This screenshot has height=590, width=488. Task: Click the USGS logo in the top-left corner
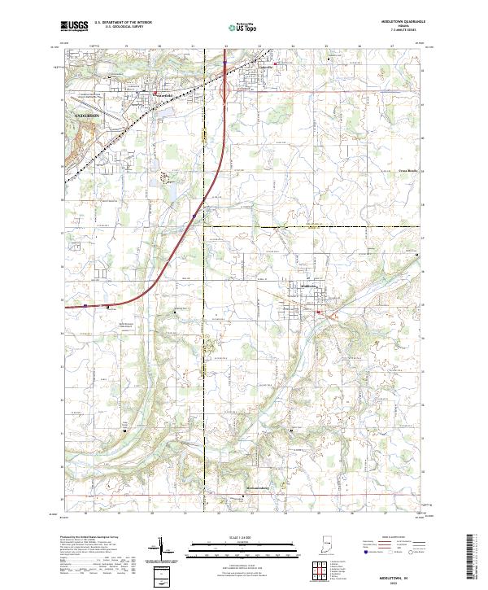(75, 27)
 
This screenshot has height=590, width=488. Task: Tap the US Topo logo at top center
(244, 27)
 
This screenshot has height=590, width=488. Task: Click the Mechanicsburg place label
(258, 489)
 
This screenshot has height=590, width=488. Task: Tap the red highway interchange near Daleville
(224, 81)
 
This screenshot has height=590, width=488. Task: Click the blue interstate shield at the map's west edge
(85, 307)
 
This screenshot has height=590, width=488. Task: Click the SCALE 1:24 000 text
(245, 535)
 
